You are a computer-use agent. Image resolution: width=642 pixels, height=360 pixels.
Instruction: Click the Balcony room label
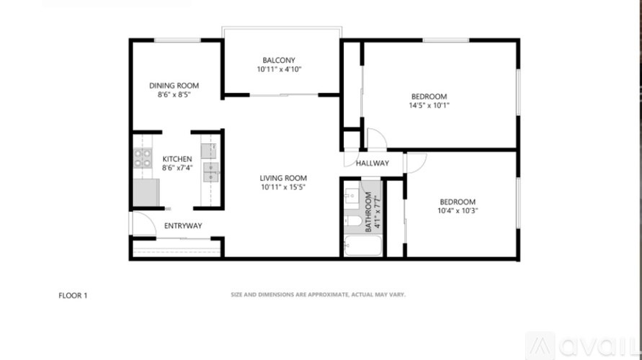click(x=279, y=60)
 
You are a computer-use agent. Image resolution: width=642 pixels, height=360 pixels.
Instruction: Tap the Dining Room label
click(x=174, y=85)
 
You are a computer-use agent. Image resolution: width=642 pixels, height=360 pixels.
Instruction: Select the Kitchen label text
click(x=177, y=158)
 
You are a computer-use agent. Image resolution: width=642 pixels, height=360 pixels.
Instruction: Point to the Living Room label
click(x=283, y=178)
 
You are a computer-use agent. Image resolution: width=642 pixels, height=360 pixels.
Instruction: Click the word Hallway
click(x=372, y=163)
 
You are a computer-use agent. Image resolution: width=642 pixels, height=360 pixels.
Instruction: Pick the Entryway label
click(x=183, y=226)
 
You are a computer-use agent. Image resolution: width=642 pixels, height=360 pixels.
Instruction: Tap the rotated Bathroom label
click(x=368, y=212)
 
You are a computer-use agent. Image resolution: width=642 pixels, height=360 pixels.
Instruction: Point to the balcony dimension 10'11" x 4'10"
click(x=279, y=70)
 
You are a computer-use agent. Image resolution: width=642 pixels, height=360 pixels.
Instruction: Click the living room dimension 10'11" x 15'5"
click(x=283, y=187)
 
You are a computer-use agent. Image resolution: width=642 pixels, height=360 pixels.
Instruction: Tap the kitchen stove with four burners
click(x=142, y=158)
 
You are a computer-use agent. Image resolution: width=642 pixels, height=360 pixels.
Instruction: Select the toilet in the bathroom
click(x=352, y=221)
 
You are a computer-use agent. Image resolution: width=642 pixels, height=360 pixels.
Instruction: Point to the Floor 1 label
click(x=72, y=295)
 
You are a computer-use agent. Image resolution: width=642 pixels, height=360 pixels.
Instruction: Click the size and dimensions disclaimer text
click(x=318, y=294)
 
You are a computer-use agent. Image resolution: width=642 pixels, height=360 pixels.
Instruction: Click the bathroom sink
click(x=351, y=196)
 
